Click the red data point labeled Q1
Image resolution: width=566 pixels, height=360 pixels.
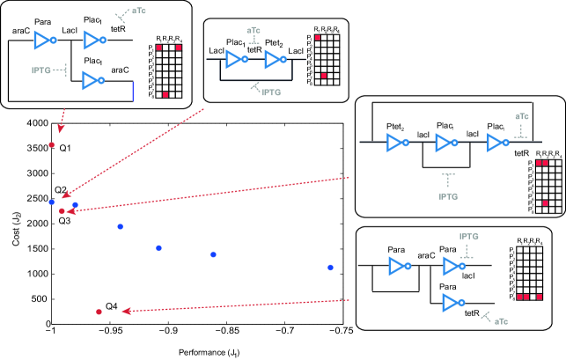52,144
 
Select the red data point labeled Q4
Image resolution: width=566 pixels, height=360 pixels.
99,312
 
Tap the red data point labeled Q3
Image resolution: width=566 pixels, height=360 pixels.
62,211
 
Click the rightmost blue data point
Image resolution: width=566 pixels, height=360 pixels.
330,268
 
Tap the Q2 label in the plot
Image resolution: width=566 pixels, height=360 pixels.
60,190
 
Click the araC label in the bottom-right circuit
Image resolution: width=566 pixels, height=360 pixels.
425,254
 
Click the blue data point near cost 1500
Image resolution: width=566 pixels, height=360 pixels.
158,248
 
